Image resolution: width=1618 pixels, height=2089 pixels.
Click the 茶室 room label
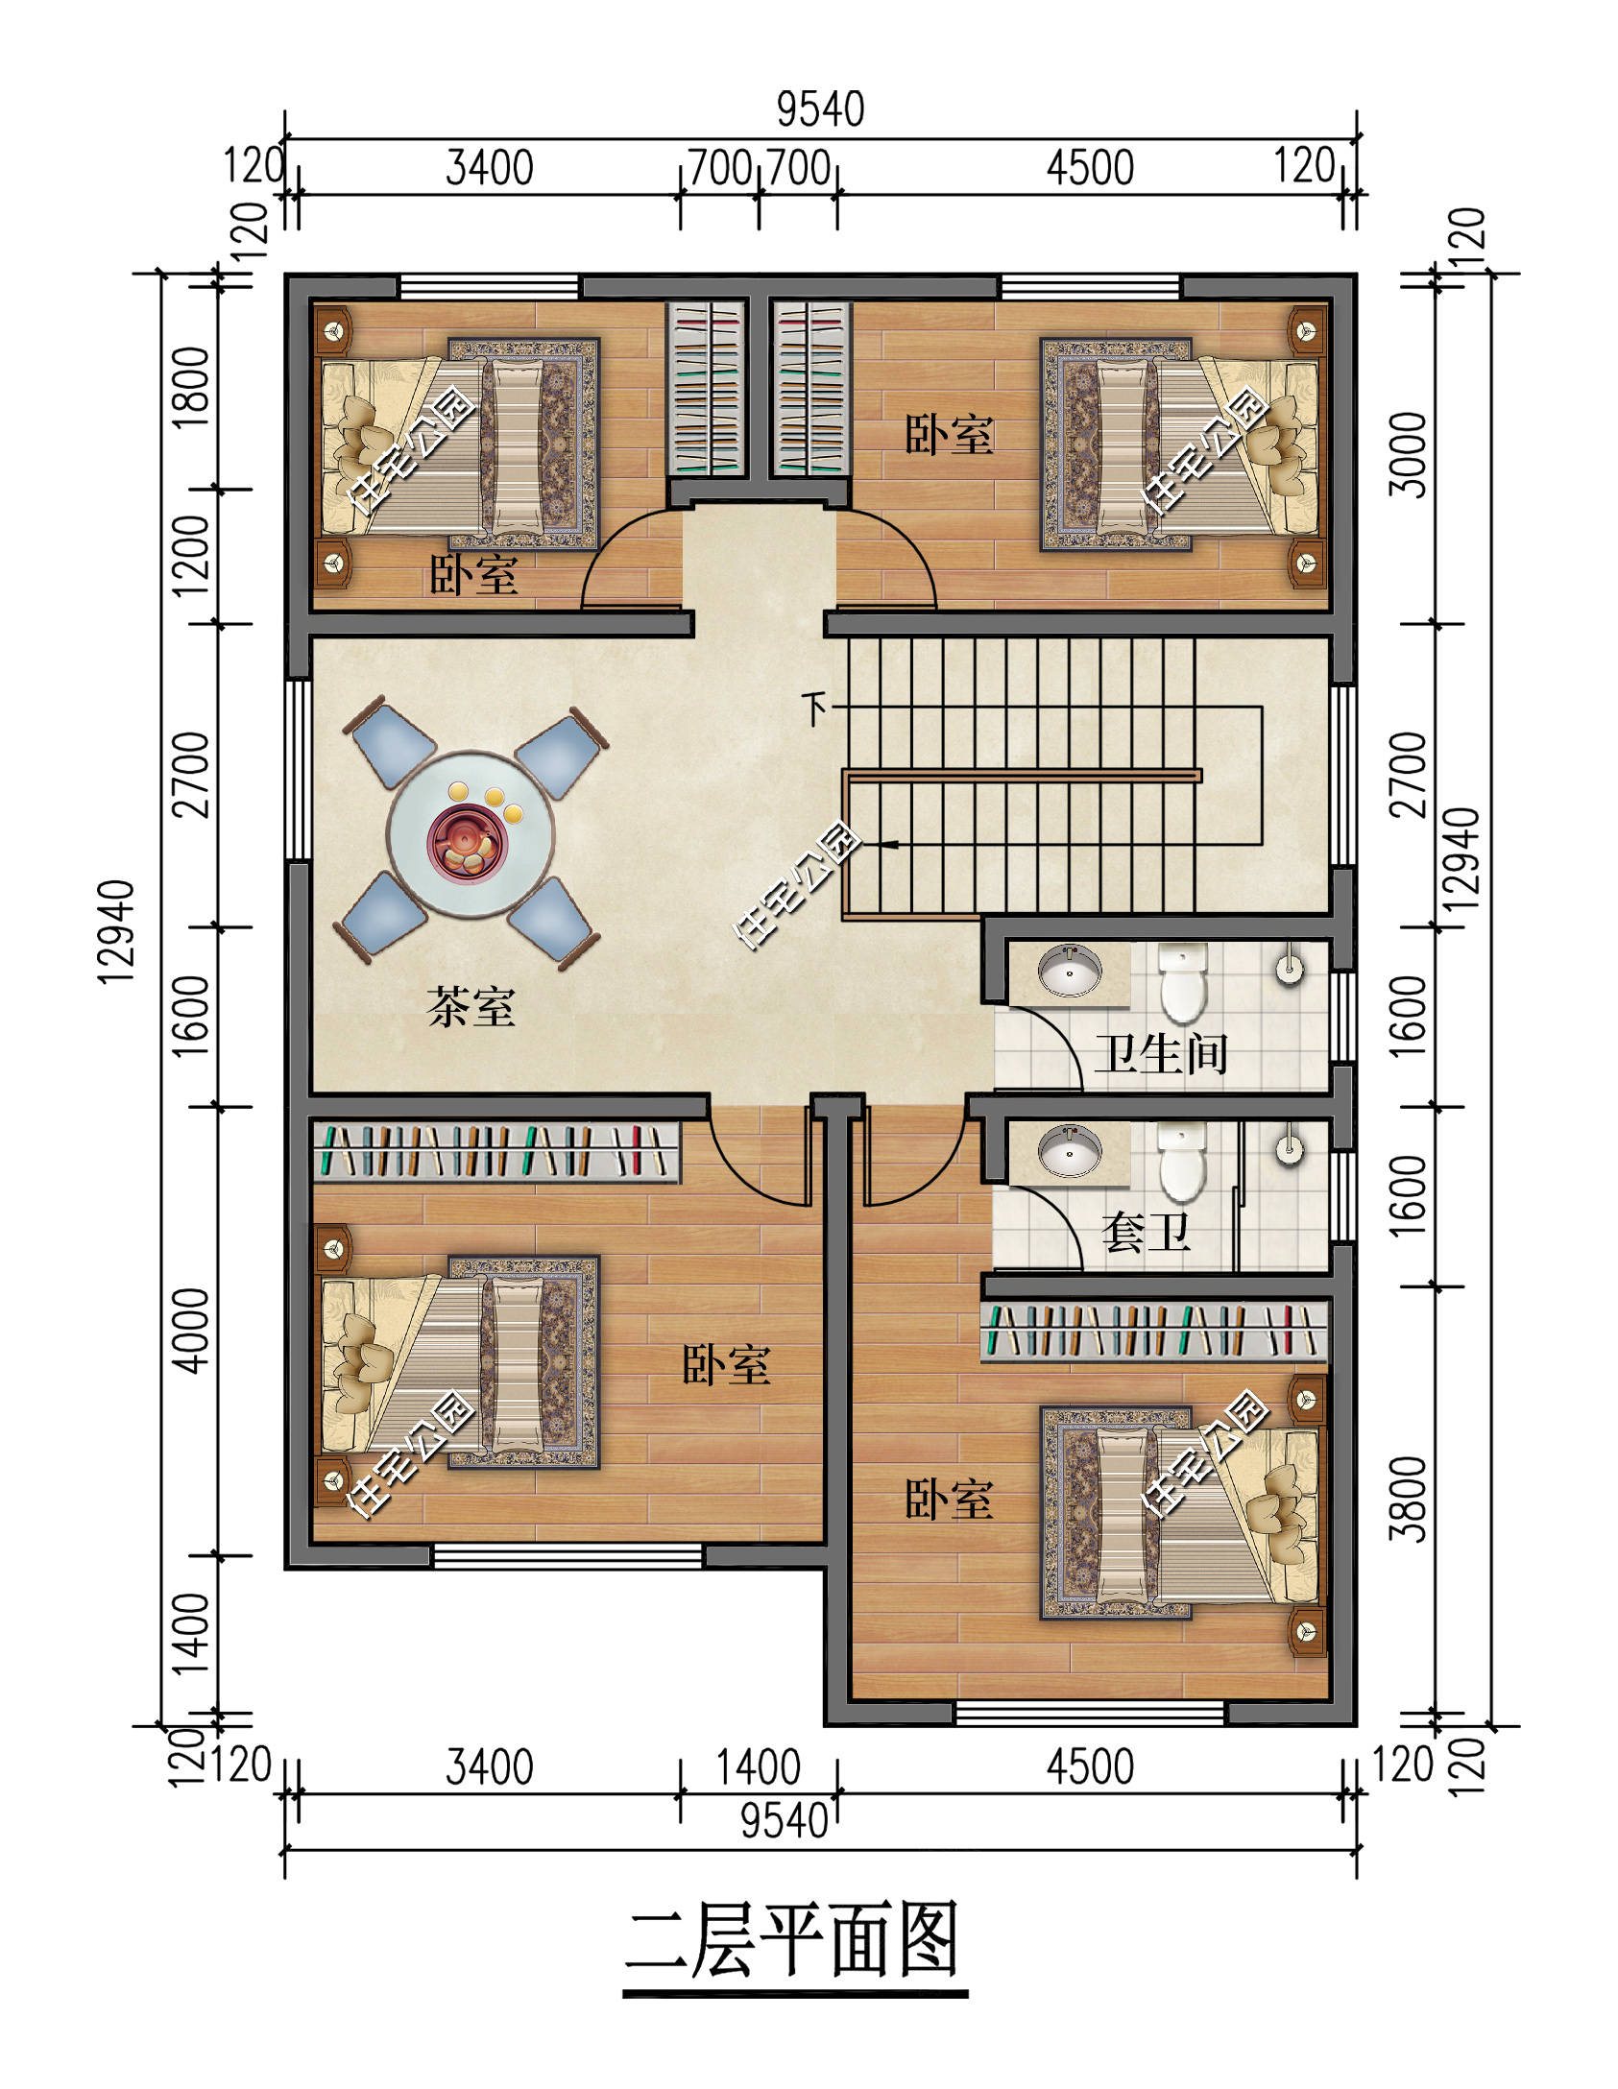click(x=471, y=1007)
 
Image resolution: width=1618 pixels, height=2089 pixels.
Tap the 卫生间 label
click(x=1161, y=1053)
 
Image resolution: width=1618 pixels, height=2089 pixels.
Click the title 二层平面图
click(x=794, y=1942)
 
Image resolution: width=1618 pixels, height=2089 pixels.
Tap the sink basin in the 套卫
click(x=1071, y=1150)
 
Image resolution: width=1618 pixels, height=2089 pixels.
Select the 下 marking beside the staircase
click(x=815, y=708)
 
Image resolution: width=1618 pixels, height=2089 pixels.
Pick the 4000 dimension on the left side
click(x=191, y=1331)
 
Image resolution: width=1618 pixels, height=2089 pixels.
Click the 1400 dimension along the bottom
click(x=759, y=1766)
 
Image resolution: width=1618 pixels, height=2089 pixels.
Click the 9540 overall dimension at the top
click(x=820, y=109)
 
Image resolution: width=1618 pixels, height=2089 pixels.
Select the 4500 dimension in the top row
click(x=1090, y=168)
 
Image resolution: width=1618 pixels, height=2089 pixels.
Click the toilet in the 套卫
click(x=1182, y=1163)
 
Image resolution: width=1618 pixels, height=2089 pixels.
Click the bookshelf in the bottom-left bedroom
click(x=496, y=1151)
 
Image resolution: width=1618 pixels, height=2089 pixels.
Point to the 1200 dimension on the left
click(x=191, y=555)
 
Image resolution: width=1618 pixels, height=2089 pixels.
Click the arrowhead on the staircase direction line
click(x=890, y=845)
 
